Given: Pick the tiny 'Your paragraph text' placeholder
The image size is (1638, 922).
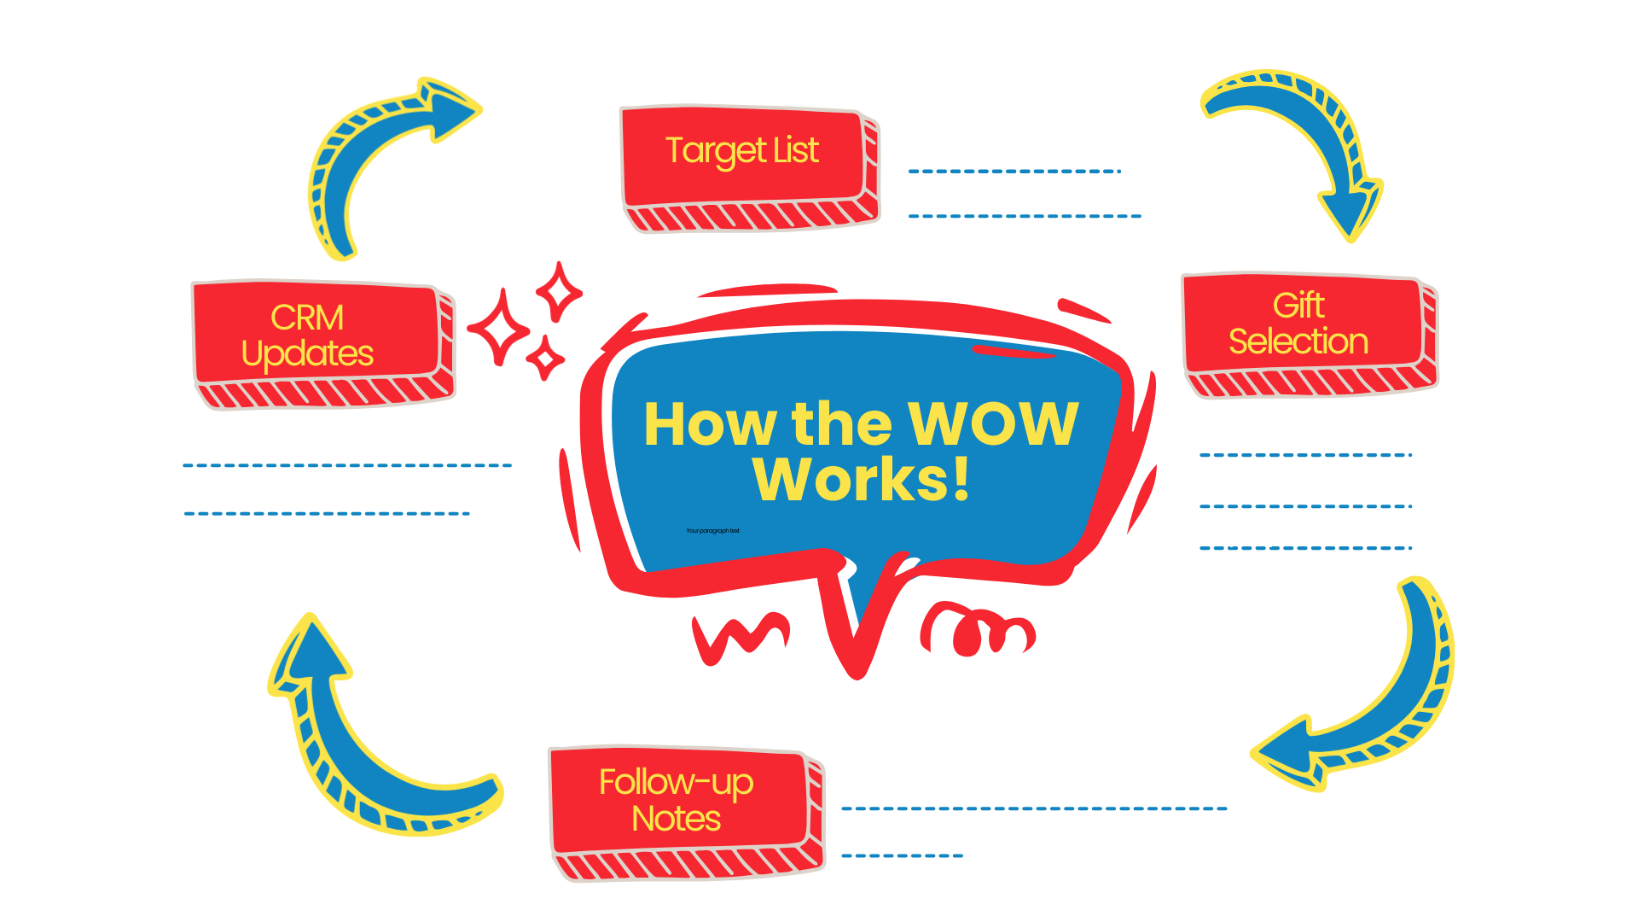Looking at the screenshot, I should [x=712, y=531].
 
